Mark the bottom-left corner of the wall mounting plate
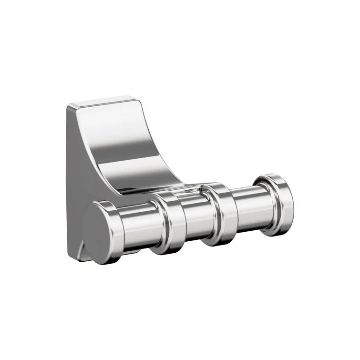click(x=71, y=257)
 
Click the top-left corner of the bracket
click(x=68, y=106)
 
